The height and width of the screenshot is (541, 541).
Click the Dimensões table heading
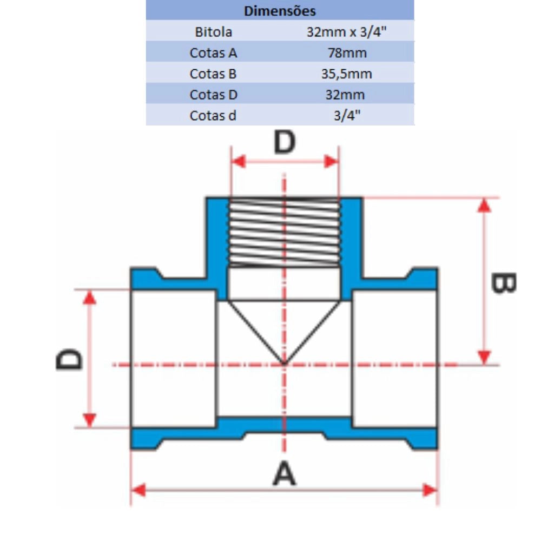[280, 11]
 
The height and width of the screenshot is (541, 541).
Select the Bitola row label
[214, 32]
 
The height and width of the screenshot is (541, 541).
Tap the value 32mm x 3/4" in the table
[346, 32]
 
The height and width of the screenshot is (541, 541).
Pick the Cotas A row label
[213, 53]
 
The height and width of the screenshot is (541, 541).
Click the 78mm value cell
[347, 53]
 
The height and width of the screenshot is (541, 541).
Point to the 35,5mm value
[347, 74]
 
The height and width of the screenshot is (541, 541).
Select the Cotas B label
[213, 74]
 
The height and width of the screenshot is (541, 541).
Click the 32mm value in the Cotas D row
[345, 95]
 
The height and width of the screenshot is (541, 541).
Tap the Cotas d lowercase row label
[213, 116]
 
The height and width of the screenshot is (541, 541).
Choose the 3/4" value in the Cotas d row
[347, 116]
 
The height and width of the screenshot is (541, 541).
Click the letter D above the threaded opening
[285, 142]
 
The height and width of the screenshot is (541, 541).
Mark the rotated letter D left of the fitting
[69, 359]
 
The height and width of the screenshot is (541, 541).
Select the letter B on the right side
[503, 283]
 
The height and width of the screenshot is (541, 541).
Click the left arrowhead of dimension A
[138, 490]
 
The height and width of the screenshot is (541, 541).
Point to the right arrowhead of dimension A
[430, 490]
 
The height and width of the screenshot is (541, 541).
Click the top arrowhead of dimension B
[484, 205]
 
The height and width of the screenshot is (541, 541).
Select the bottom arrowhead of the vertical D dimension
[89, 420]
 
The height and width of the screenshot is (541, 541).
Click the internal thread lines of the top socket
[285, 233]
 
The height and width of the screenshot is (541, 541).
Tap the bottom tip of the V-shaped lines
[284, 364]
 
